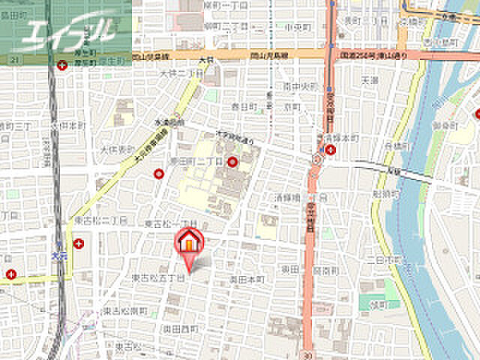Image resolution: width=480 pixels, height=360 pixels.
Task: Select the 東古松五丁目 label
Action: click(158, 278)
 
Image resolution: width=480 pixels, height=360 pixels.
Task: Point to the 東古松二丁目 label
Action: click(99, 220)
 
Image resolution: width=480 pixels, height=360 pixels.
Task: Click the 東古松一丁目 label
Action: click(170, 224)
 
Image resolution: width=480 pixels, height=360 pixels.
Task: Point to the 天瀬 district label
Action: click(370, 79)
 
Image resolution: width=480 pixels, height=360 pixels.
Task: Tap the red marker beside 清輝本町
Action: click(331, 150)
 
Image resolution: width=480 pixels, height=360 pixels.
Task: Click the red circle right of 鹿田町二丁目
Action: click(232, 161)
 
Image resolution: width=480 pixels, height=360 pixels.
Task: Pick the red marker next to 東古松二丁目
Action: click(79, 243)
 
